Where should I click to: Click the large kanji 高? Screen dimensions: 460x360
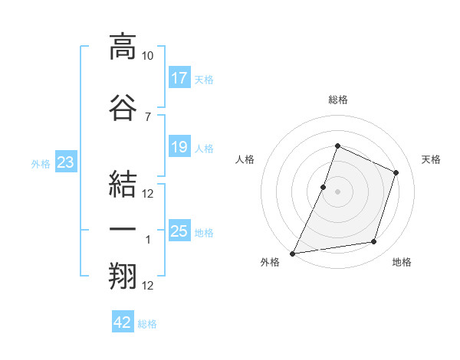tap(123, 47)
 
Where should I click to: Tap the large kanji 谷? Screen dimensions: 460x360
tap(123, 107)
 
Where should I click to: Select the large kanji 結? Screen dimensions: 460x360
tap(123, 184)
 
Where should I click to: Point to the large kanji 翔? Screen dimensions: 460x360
tap(123, 276)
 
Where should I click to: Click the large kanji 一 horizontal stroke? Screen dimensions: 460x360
tap(123, 229)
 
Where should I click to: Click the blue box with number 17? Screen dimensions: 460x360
tap(179, 77)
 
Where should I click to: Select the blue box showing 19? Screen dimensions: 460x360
tap(179, 146)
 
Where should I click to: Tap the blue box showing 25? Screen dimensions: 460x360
tap(179, 230)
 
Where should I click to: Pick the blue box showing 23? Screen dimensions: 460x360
tap(66, 162)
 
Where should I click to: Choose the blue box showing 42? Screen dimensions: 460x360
tap(123, 321)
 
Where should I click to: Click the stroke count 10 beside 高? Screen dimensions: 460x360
tap(147, 56)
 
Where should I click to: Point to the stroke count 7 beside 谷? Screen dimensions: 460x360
tap(148, 117)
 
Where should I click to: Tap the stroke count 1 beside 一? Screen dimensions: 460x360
tap(148, 240)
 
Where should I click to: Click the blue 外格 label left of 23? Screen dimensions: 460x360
tap(41, 164)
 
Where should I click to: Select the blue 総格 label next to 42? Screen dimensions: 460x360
tap(147, 324)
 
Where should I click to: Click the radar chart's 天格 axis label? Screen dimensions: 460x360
tap(431, 159)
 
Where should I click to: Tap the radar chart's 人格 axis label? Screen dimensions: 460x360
tap(245, 159)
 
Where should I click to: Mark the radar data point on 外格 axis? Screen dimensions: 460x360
tap(293, 254)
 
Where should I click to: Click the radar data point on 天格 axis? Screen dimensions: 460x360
tap(396, 172)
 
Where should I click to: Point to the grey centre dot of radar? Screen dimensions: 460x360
tap(337, 191)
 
